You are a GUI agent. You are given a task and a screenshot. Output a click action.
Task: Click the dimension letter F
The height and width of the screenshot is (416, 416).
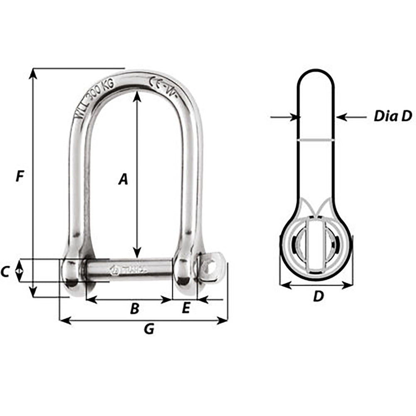coord(19,177)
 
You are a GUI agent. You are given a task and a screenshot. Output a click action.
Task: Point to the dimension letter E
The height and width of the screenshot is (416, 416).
coord(186,308)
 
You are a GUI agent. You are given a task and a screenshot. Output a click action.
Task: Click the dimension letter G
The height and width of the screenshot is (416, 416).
coord(149,329)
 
